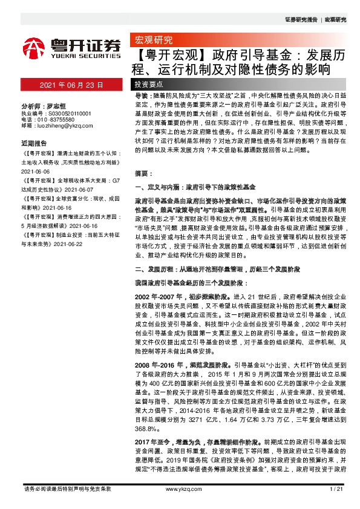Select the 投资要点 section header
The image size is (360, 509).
149,85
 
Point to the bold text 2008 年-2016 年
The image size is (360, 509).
156,366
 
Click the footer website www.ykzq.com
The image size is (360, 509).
180,488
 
